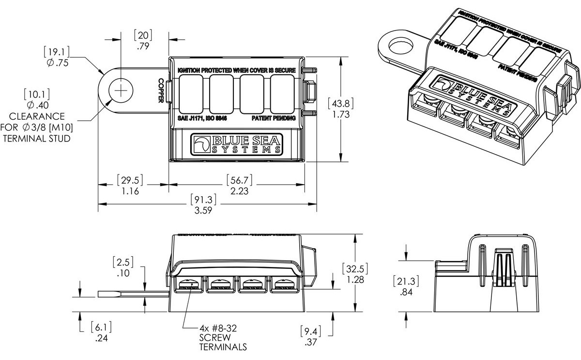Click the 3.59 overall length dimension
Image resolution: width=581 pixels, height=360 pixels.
click(204, 211)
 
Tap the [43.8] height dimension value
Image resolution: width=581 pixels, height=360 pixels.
click(341, 103)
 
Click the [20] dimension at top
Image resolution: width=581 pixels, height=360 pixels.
click(143, 35)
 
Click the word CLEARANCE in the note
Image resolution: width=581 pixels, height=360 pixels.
click(37, 117)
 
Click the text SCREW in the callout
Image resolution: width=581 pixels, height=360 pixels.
click(214, 338)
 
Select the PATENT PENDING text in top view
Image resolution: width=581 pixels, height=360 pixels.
click(274, 118)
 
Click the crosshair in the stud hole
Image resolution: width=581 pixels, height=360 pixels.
click(120, 90)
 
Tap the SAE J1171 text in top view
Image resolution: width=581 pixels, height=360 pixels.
click(202, 118)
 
